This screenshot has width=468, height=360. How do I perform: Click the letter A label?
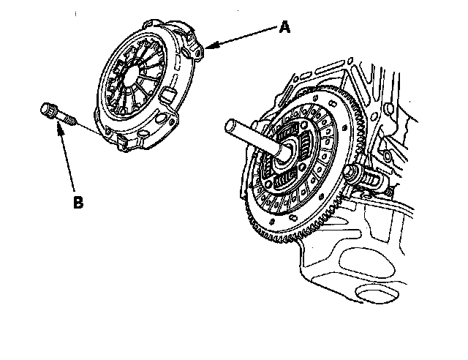tap(284, 27)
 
